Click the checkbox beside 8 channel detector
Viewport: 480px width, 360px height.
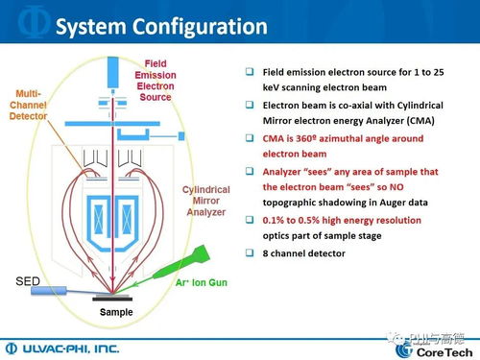(x=250, y=252)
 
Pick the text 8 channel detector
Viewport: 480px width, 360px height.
(x=305, y=252)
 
